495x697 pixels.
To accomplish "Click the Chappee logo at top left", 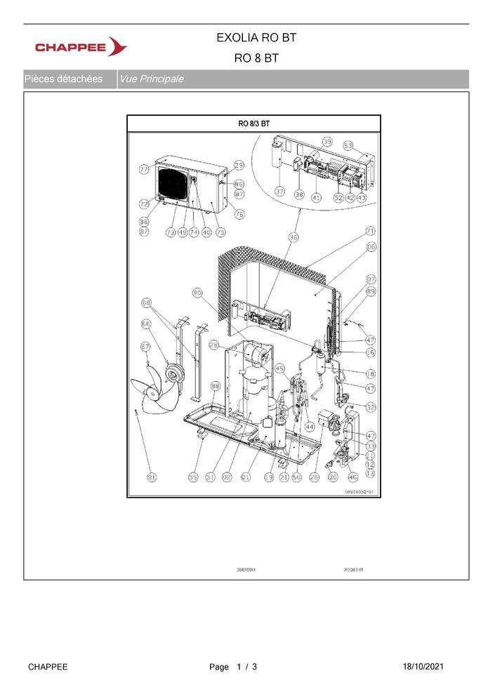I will [81, 47].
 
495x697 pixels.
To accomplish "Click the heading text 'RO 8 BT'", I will [256, 58].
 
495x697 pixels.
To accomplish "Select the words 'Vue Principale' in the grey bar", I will [152, 79].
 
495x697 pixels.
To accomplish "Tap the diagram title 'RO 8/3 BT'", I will [253, 124].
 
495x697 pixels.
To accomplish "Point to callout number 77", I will [144, 170].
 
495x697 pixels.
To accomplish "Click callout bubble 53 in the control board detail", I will [348, 145].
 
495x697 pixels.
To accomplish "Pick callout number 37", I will [279, 191].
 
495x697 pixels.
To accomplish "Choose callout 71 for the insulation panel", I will [370, 231].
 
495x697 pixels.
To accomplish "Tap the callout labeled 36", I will [293, 238].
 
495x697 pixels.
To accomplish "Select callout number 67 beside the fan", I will [146, 346].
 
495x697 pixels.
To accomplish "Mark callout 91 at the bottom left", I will [152, 477].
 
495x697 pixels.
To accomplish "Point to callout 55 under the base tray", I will [193, 477].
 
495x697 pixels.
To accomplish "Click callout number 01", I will [246, 477].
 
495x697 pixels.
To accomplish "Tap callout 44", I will [309, 427].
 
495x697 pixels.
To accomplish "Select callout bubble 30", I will [333, 477].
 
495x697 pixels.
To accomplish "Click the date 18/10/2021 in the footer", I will [423, 667].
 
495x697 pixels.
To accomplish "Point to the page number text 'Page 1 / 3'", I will [233, 667].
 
